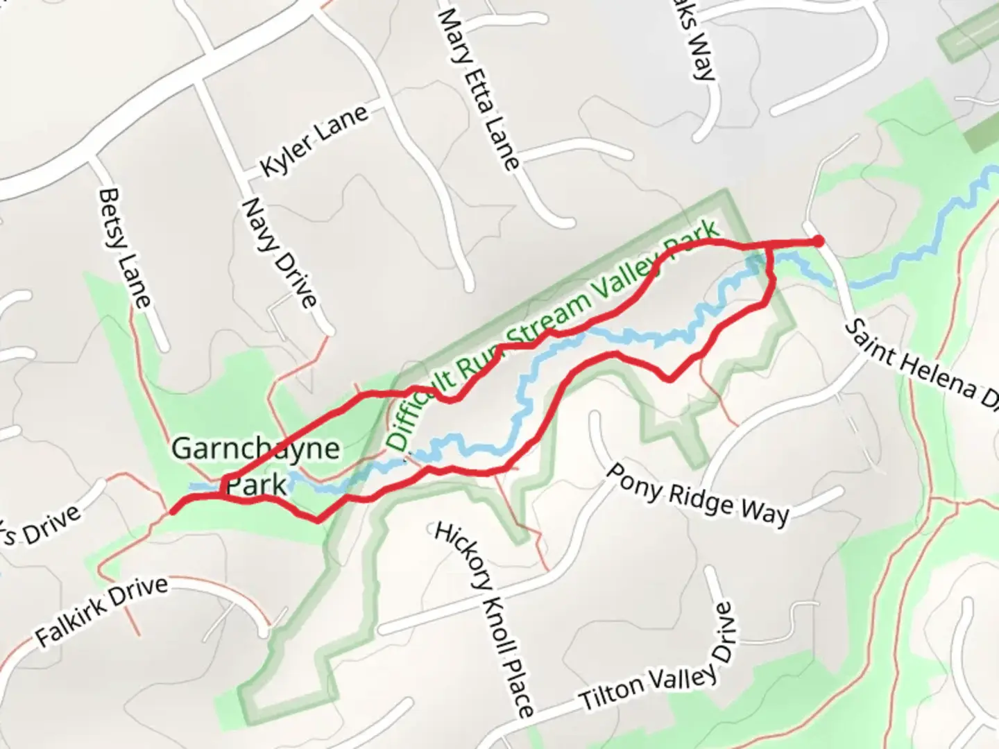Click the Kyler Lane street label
[x=314, y=141]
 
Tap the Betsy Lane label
[x=125, y=248]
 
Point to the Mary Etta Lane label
[x=479, y=89]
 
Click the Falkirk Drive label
[x=101, y=611]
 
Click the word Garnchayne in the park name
[x=255, y=449]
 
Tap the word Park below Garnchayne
[x=257, y=485]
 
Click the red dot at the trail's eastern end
[x=818, y=241]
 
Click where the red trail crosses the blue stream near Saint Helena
[x=771, y=257]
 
